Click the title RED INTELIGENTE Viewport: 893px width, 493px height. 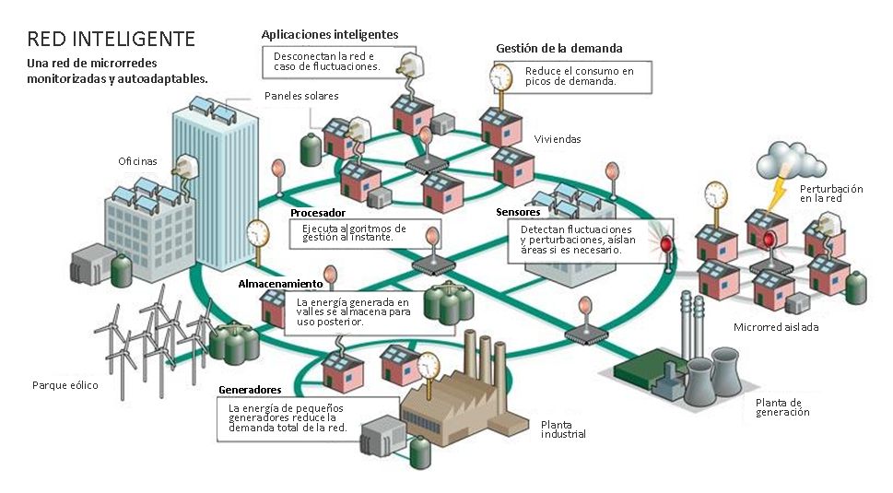pyautogui.click(x=112, y=39)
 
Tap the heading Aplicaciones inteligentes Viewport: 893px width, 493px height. pyautogui.click(x=329, y=34)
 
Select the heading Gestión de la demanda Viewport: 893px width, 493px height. pyautogui.click(x=558, y=48)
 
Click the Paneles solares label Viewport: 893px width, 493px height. pyautogui.click(x=301, y=96)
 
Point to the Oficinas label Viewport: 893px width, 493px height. pyautogui.click(x=137, y=161)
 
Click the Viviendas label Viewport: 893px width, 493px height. pyautogui.click(x=558, y=139)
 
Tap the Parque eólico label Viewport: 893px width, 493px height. pyautogui.click(x=65, y=385)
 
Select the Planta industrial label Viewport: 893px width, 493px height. pyautogui.click(x=563, y=429)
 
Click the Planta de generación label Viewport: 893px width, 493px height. pyautogui.click(x=782, y=407)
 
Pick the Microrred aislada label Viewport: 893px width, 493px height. pyautogui.click(x=776, y=327)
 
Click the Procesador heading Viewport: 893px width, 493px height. pyautogui.click(x=318, y=213)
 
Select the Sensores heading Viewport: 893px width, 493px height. pyautogui.click(x=518, y=212)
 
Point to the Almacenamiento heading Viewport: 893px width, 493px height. pyautogui.click(x=280, y=283)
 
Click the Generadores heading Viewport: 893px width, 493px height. pyautogui.click(x=249, y=390)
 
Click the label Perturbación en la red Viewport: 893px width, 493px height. pyautogui.click(x=830, y=194)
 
